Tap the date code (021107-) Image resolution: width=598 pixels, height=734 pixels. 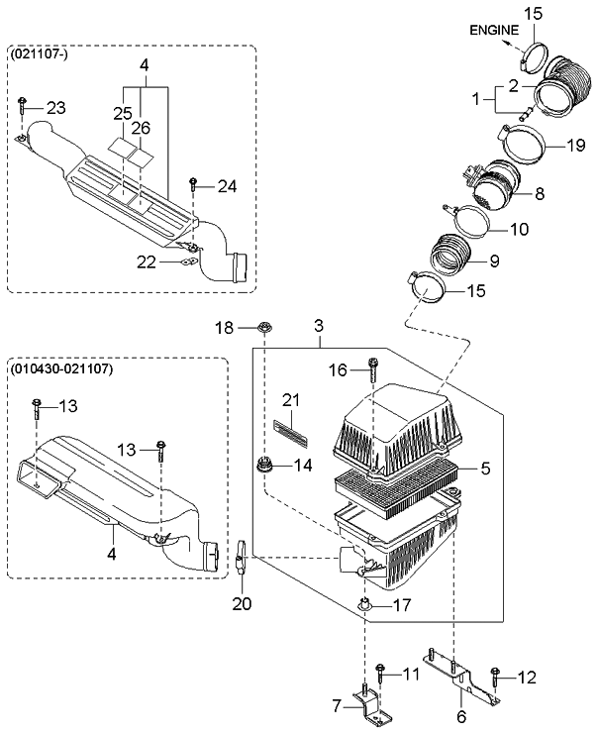39,56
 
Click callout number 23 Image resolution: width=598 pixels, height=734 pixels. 54,108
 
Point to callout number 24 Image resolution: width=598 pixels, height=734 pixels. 227,185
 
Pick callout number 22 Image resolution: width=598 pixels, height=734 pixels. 146,261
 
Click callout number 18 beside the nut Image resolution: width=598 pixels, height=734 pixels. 225,327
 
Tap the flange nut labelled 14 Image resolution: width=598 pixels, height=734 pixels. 266,463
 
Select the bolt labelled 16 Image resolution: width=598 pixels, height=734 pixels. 373,370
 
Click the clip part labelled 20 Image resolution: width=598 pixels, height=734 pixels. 243,558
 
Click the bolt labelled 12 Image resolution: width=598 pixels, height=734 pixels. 494,679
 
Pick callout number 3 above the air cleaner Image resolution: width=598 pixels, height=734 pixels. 319,326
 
